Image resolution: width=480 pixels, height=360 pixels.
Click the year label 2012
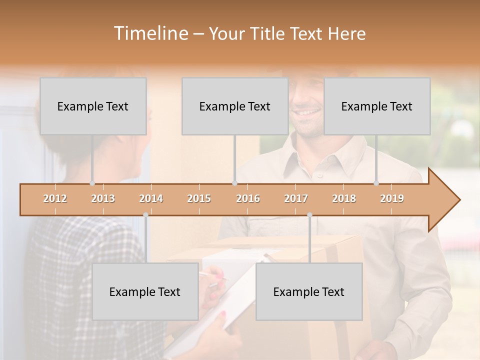coord(55,198)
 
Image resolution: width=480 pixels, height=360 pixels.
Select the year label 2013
coord(103,198)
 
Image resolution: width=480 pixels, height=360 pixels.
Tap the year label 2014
coord(151,198)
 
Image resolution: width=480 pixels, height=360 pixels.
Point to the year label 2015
coord(199,198)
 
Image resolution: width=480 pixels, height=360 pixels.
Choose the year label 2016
coord(248,198)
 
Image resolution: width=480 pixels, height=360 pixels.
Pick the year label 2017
coord(296,198)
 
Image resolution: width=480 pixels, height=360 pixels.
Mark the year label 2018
coord(344,198)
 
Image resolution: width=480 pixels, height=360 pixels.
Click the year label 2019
coord(392,198)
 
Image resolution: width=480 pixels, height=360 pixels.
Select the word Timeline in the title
coord(150,33)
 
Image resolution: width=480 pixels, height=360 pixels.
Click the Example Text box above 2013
coord(93,106)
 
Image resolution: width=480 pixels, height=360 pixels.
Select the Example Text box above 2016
coord(235,106)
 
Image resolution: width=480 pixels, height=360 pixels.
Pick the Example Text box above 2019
coord(377,106)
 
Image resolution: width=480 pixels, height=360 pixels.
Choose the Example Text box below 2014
coord(145,291)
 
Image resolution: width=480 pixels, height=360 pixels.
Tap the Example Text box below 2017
coord(309,291)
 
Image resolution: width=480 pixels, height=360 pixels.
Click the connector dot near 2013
coord(92,183)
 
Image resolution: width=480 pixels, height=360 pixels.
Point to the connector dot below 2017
coord(309,215)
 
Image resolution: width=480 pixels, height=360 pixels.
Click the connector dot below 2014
coord(145,215)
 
